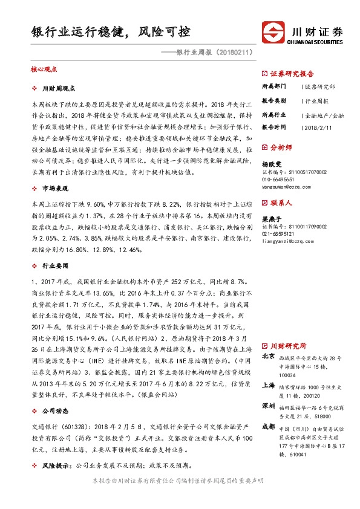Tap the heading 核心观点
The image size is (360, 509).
(x=43, y=70)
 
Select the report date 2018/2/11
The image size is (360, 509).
(x=316, y=128)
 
